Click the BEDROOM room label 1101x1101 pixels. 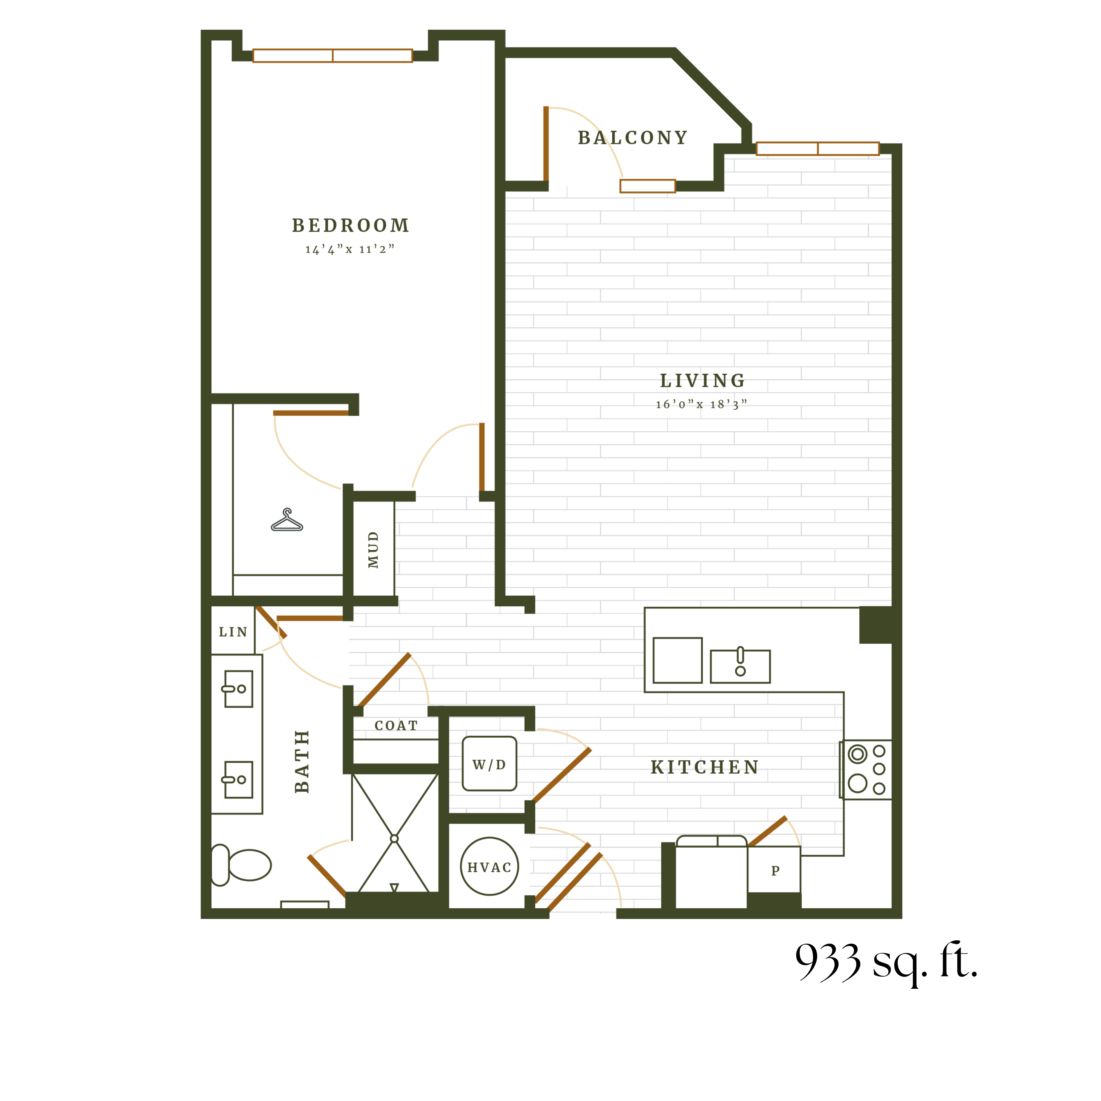351,226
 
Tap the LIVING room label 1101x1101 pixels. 702,381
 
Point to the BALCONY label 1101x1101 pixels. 633,138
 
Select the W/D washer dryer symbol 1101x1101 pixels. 489,764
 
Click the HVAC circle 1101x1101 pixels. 489,867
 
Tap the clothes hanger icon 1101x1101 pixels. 287,520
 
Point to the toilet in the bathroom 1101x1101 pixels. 242,865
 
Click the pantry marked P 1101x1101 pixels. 775,870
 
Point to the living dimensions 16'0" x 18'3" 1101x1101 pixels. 701,405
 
